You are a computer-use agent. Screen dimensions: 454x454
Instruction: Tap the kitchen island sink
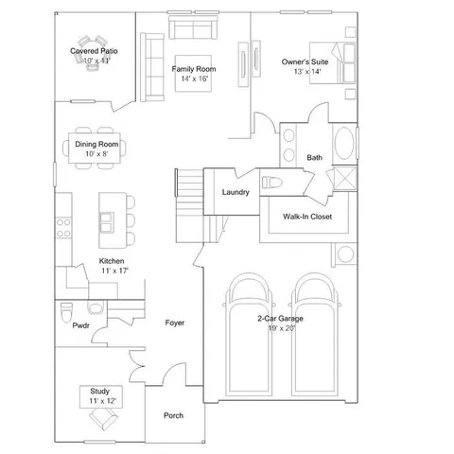click(x=107, y=222)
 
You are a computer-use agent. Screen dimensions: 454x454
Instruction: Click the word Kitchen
click(x=113, y=260)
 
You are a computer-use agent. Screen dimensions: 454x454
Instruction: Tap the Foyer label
click(x=174, y=323)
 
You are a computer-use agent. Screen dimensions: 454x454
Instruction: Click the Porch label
click(x=173, y=416)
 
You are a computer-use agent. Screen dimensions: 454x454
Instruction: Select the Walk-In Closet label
click(x=306, y=217)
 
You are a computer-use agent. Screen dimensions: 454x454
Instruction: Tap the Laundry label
click(x=236, y=192)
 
